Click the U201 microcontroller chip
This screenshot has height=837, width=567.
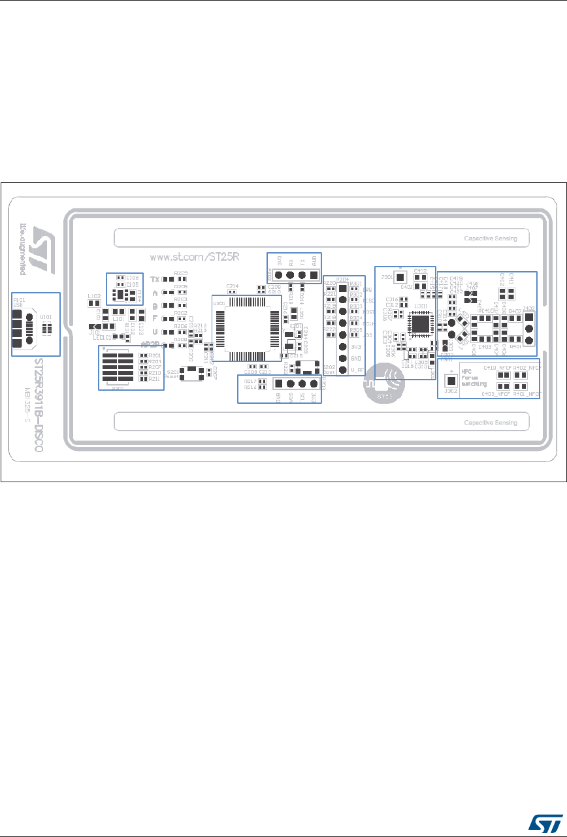246,327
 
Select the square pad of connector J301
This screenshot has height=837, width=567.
400,278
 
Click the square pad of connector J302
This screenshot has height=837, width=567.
450,380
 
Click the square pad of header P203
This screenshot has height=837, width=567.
278,384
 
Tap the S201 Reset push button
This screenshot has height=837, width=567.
191,372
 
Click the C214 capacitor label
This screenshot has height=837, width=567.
232,286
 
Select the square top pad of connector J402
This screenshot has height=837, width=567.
529,318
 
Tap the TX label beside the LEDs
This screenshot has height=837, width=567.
155,279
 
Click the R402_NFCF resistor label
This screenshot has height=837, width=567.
525,369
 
